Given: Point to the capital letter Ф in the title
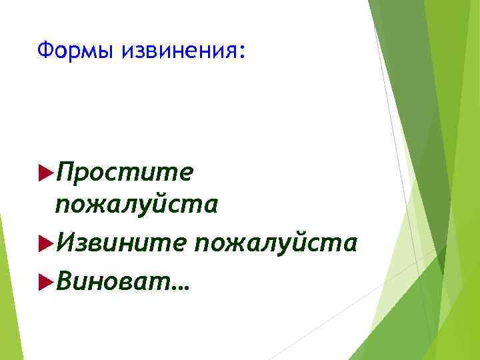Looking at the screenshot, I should point(45,50).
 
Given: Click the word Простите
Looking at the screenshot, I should point(125,173).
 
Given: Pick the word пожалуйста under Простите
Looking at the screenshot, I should point(137,205).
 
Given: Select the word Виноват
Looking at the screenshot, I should point(114,282).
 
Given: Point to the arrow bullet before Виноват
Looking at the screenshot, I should point(46,283).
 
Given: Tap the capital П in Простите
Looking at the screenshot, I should point(67,173).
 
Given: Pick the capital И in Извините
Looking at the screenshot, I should point(67,243).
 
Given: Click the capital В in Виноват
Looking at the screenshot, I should point(65,282).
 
